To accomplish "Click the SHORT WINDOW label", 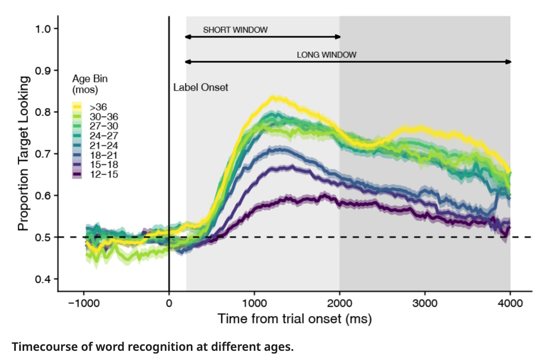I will click(x=235, y=30).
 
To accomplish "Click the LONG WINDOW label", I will click(x=326, y=55).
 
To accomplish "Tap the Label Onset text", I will click(x=200, y=88).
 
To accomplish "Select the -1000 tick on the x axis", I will click(x=84, y=303).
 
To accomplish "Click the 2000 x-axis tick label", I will click(x=339, y=303).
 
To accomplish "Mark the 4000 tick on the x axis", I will click(x=510, y=303).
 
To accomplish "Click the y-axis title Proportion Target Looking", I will click(x=24, y=154).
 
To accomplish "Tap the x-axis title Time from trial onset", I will click(x=294, y=319).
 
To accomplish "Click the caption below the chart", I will click(x=152, y=347).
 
